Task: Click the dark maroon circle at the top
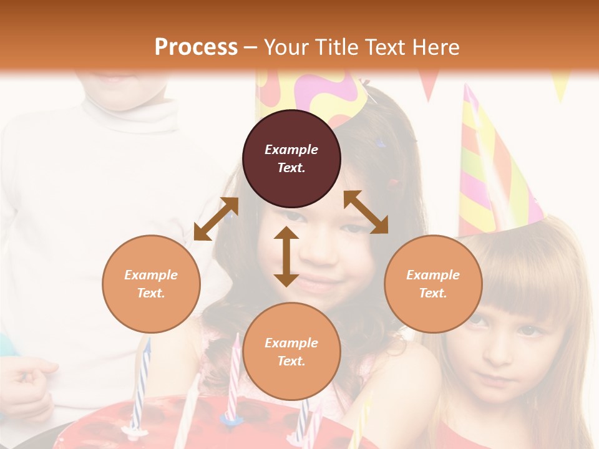click(x=291, y=158)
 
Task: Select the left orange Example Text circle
click(x=151, y=284)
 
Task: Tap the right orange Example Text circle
click(x=433, y=284)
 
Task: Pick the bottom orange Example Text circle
click(x=291, y=352)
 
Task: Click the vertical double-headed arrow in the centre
click(x=286, y=256)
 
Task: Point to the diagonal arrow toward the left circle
click(x=216, y=218)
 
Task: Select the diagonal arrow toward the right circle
click(x=366, y=212)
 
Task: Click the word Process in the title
click(x=196, y=47)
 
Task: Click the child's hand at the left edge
click(x=28, y=387)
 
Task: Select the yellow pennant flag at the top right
click(x=560, y=87)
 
